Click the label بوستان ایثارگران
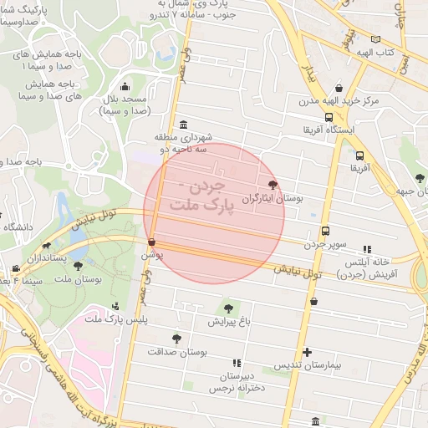tap(272, 199)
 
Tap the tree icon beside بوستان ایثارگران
tap(273, 185)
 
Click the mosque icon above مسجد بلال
tap(125, 86)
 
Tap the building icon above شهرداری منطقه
tap(183, 125)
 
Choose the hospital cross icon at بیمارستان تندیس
tap(308, 352)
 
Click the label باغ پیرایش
tap(229, 321)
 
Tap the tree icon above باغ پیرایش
tap(228, 308)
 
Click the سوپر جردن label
tap(324, 244)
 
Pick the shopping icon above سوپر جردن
tap(325, 232)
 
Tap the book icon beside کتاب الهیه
tap(375, 39)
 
